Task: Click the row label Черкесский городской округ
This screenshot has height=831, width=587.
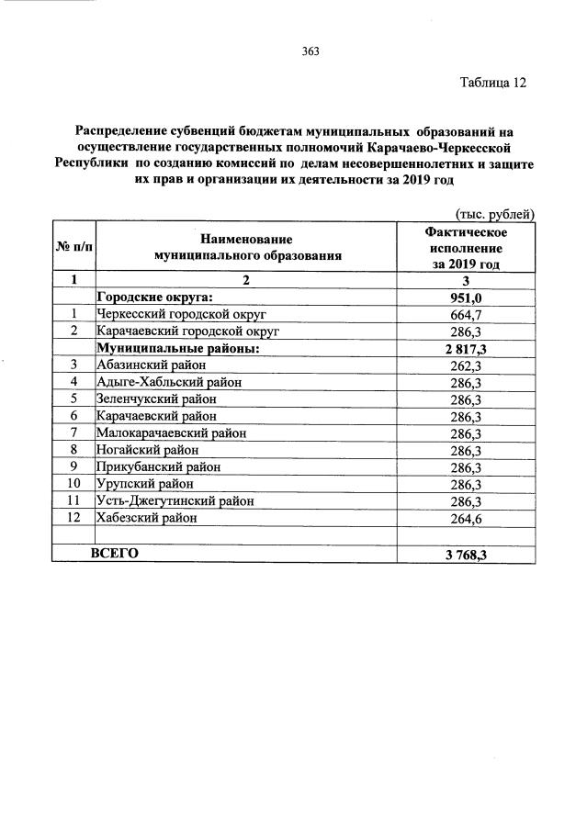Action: (x=180, y=314)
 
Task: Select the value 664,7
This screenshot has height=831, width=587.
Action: (x=466, y=314)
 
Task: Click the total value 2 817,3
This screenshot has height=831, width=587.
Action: (x=466, y=348)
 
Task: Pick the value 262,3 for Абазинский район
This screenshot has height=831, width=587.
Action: (x=466, y=365)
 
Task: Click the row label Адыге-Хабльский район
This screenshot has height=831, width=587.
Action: (x=167, y=382)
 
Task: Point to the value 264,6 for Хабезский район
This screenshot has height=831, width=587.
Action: (x=466, y=518)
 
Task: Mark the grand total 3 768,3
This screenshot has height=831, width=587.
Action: (x=466, y=555)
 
